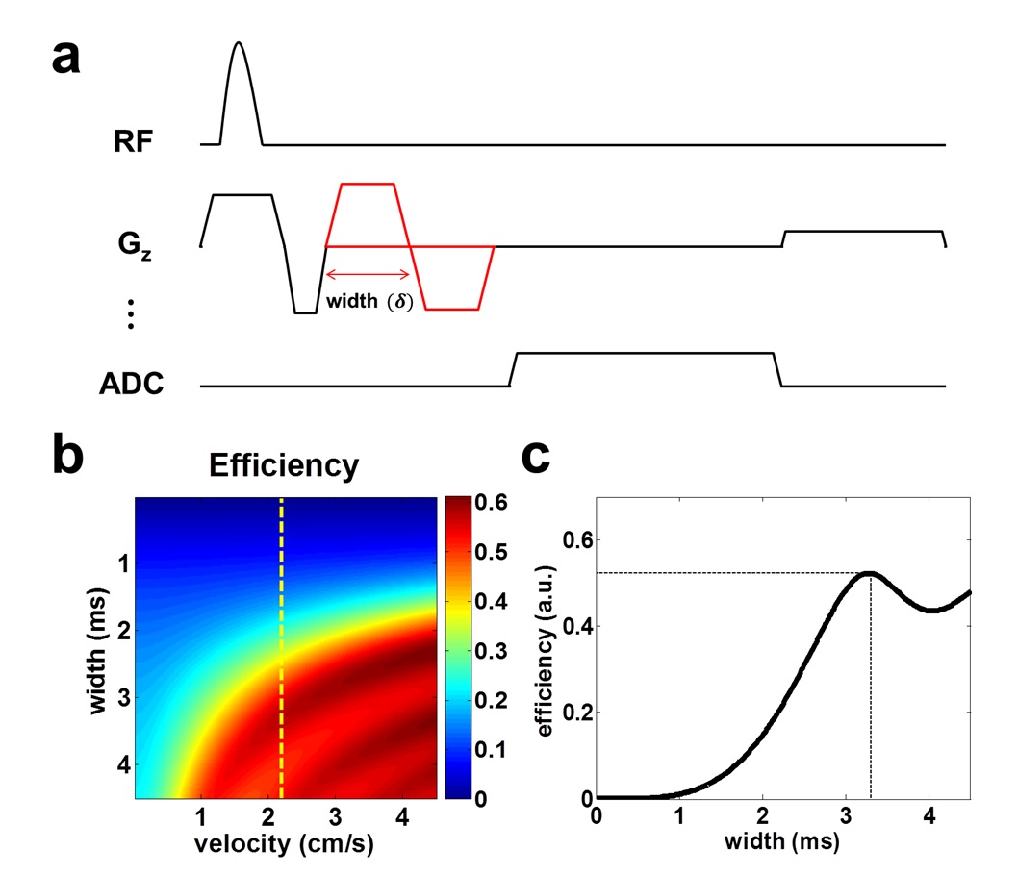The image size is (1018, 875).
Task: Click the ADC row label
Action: (x=129, y=387)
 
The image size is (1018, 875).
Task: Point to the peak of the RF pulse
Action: (x=239, y=43)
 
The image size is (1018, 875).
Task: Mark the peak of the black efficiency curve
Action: (x=869, y=573)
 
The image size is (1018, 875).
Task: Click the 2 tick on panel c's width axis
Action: (x=763, y=818)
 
